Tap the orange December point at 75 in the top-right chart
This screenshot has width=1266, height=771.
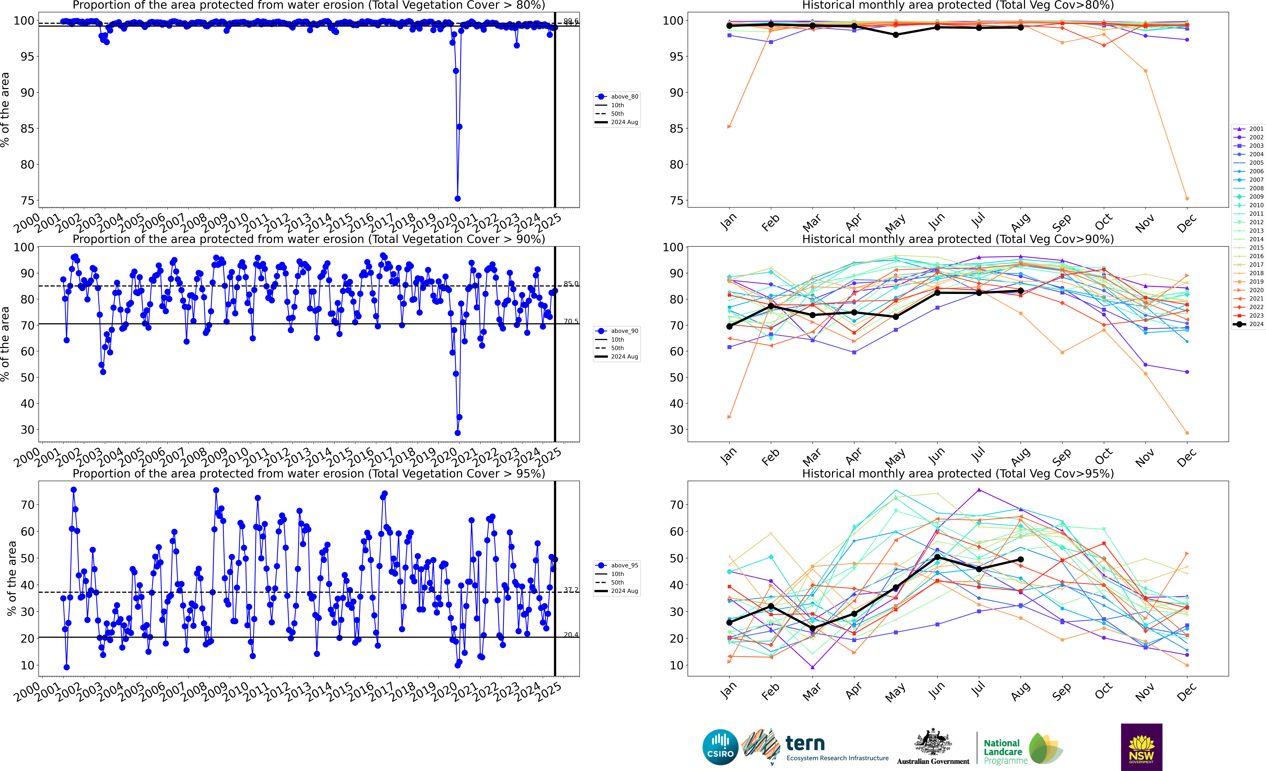point(1187,198)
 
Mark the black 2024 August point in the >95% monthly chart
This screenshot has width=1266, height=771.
point(1020,560)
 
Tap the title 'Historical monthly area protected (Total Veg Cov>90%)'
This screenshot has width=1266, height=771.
point(958,239)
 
